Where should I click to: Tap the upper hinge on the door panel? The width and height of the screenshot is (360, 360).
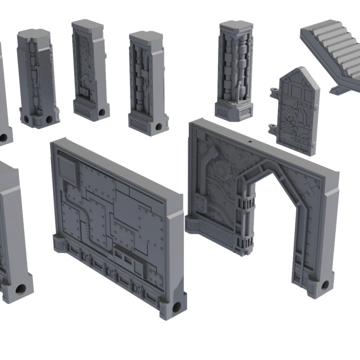pyautogui.click(x=273, y=91)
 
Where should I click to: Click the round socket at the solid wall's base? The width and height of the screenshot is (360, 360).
pyautogui.click(x=176, y=306)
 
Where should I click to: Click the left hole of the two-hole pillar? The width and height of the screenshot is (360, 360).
pyautogui.click(x=25, y=119)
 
